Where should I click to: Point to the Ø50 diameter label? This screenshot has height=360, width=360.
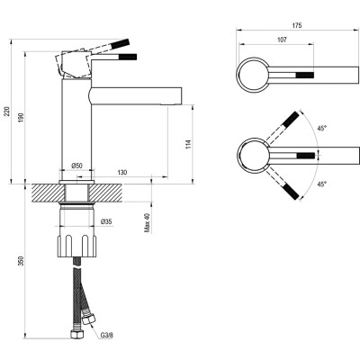(77, 166)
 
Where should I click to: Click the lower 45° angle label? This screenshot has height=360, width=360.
(322, 184)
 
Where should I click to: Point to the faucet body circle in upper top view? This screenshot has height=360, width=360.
(251, 74)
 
